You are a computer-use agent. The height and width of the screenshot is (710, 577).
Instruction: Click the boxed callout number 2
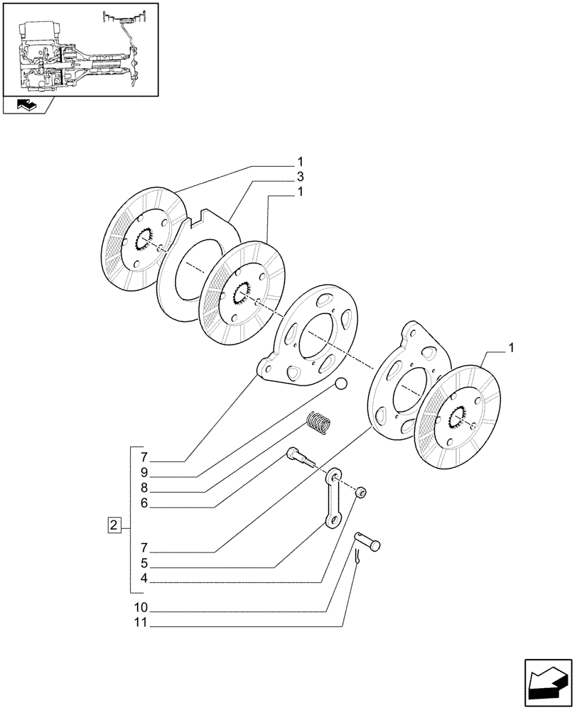[113, 525]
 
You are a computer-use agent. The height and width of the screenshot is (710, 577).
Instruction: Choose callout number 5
[144, 566]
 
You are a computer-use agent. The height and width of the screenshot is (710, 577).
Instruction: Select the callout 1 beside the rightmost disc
[511, 348]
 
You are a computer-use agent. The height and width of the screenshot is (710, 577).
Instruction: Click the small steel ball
[342, 384]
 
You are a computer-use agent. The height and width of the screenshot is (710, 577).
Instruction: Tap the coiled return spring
[319, 424]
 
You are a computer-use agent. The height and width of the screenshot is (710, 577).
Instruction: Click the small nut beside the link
[361, 492]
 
